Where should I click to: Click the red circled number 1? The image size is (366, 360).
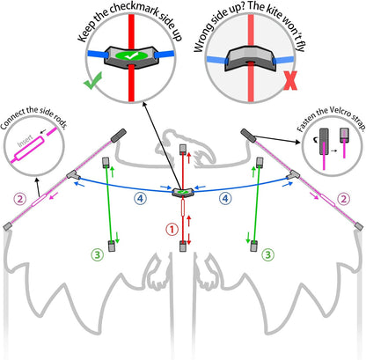(x=172, y=230)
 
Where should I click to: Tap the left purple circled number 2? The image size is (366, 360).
(x=20, y=199)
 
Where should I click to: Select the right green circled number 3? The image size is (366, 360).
(x=268, y=254)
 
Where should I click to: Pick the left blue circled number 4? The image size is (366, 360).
(x=141, y=198)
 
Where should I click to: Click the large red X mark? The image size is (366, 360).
(x=290, y=80)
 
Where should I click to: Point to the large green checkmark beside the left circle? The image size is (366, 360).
(x=93, y=81)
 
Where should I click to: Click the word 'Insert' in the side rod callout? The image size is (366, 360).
(x=26, y=141)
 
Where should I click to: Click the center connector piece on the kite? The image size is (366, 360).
(x=182, y=193)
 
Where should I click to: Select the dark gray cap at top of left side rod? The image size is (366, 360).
(x=119, y=136)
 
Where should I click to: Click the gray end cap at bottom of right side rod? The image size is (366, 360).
(x=359, y=226)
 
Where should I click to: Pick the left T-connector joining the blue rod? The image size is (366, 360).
(x=73, y=175)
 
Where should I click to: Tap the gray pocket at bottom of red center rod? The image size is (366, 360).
(x=183, y=246)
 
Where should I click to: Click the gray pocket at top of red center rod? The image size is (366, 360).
(x=183, y=149)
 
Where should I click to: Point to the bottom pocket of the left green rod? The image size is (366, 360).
(x=112, y=246)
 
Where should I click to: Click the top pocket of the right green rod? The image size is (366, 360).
(x=260, y=163)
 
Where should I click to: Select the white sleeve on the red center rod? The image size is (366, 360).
(x=183, y=208)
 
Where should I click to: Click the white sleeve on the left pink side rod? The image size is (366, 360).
(x=39, y=200)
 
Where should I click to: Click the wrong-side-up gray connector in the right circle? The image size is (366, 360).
(x=250, y=59)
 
